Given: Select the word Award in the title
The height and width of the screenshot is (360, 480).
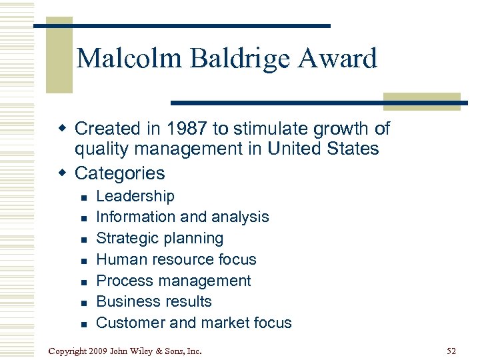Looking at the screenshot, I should point(338,59).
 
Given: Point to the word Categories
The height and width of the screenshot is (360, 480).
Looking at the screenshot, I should point(119,173).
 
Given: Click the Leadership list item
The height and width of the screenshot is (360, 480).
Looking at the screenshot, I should point(135,196).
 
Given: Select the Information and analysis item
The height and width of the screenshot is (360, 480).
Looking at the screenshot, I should point(183,217).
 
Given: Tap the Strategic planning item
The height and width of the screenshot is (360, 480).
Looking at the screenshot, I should point(160,238).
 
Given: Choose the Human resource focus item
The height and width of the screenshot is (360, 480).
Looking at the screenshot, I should point(176,259).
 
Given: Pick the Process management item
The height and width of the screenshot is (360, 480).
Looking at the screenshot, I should point(173,281).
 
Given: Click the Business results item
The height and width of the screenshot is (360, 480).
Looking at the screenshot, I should point(154,301).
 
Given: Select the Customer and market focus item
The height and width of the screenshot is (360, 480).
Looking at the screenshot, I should point(194,323).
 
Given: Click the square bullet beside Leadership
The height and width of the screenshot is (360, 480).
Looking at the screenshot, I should point(83,197).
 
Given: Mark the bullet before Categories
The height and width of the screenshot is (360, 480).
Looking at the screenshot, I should point(63,173).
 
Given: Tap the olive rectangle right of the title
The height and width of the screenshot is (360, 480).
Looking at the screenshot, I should point(421,101).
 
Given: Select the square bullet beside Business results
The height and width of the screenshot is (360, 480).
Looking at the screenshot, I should point(83,303).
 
